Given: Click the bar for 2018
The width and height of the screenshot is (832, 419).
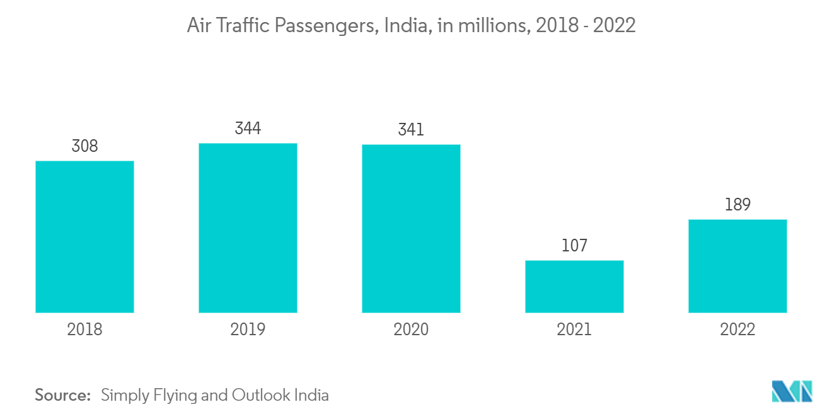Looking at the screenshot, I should coord(84,237).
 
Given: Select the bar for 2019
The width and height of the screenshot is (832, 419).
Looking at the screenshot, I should coord(248,228).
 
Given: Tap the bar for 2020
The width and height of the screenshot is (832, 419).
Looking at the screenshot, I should coord(411,229).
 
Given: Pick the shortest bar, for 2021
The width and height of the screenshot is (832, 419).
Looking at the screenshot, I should coord(574,287).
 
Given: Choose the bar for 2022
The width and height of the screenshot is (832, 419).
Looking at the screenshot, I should coord(737,266).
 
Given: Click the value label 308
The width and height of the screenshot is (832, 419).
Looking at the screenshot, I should coord(84,146).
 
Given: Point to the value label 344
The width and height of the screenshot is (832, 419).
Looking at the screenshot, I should coord(248,129).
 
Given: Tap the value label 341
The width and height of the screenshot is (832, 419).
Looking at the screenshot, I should coord(411,130).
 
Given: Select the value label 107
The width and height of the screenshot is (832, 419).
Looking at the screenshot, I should coord(574,246).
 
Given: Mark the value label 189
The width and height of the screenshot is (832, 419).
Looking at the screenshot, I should coord(737,205).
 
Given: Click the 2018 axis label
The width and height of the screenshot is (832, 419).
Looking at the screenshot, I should coord(84,330).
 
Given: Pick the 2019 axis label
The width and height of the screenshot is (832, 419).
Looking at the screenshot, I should coord(248,330).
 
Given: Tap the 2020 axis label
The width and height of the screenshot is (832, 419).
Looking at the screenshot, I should coord(411,330).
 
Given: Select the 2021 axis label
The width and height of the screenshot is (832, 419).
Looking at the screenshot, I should coord(574,330).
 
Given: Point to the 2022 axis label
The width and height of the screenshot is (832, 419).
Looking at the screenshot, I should coord(737,330).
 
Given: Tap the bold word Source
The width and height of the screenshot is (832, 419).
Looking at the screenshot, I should coord(62,396).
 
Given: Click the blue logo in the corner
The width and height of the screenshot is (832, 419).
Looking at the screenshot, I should coord(792,391).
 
